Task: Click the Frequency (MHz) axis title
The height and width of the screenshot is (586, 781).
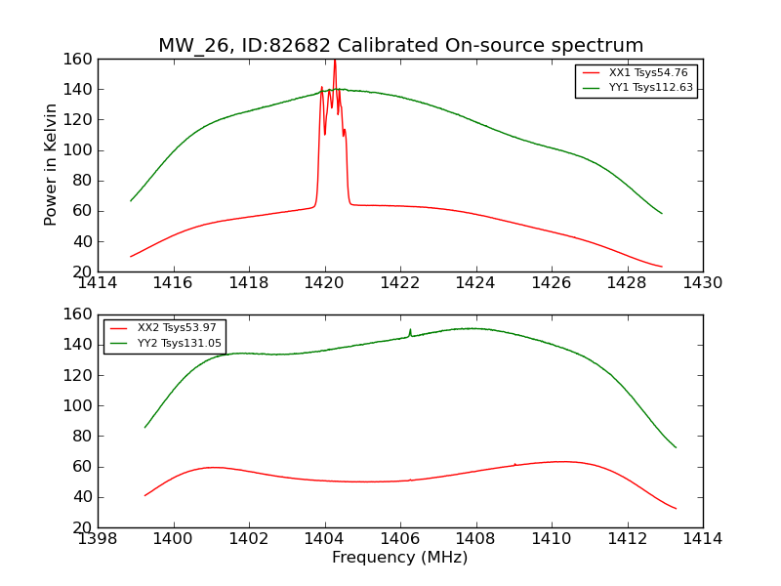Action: [399, 558]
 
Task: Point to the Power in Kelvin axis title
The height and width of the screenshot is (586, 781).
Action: [51, 165]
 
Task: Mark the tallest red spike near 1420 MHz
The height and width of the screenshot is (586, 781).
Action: [335, 62]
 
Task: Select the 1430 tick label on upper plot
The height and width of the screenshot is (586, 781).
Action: [702, 283]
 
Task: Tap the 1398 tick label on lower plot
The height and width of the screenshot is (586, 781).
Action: [98, 539]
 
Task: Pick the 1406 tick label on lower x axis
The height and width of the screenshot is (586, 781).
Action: [400, 539]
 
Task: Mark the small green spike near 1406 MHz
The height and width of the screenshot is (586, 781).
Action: [410, 330]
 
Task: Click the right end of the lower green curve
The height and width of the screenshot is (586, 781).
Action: [676, 447]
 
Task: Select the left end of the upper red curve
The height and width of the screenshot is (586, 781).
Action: [131, 256]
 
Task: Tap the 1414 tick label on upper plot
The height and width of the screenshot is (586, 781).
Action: [98, 283]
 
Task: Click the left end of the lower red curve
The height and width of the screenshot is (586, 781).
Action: [145, 495]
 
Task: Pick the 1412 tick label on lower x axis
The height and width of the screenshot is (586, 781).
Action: [627, 539]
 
